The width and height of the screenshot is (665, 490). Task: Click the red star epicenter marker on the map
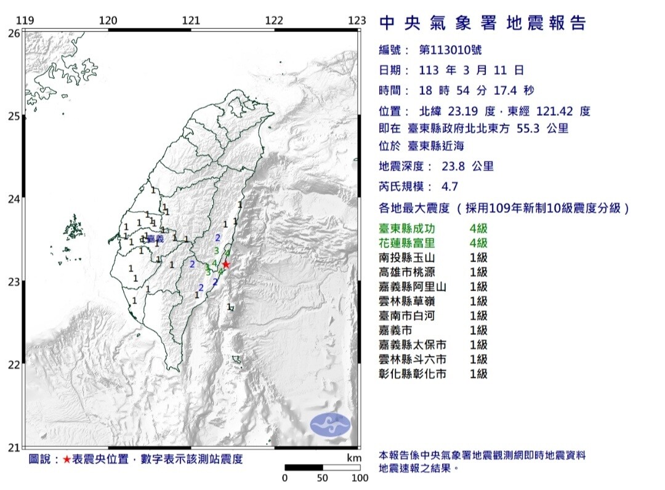tap(226, 264)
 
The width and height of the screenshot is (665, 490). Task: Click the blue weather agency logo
tap(329, 424)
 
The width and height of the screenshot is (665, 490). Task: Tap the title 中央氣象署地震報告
tap(483, 23)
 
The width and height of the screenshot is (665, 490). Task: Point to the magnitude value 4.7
tap(450, 187)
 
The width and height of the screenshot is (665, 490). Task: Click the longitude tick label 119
tap(24, 20)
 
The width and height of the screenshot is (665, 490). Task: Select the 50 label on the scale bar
tap(321, 478)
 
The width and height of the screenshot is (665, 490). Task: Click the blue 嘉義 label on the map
tap(156, 238)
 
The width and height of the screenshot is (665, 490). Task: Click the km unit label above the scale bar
tap(353, 459)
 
